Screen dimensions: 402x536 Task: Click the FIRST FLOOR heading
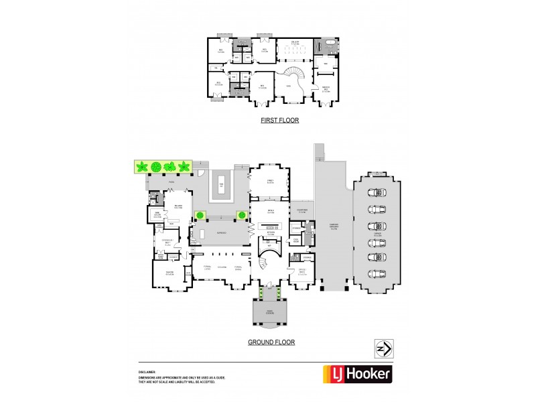(279, 121)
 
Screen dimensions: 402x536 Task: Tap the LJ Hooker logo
(358, 373)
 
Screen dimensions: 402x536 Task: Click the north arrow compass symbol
(384, 348)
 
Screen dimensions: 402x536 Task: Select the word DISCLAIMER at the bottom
(147, 371)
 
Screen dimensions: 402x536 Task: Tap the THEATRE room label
(170, 271)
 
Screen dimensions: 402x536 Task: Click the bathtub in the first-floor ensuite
(329, 48)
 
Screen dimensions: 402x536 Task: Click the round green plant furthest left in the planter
(141, 166)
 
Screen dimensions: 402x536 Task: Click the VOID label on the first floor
(288, 86)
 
